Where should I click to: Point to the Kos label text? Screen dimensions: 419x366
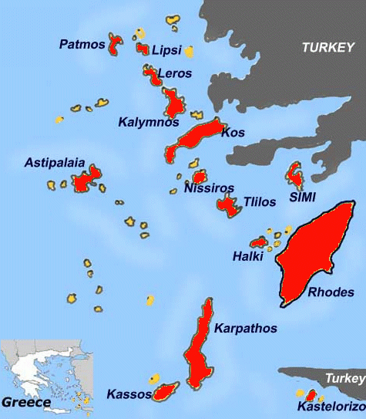pos(233,133)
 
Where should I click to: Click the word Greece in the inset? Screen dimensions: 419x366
pos(26,402)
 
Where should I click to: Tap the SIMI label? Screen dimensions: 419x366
pos(302,198)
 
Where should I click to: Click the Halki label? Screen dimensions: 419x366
pos(247,256)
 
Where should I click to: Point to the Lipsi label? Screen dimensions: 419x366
pos(166,50)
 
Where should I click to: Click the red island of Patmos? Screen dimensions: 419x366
pos(116,44)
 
